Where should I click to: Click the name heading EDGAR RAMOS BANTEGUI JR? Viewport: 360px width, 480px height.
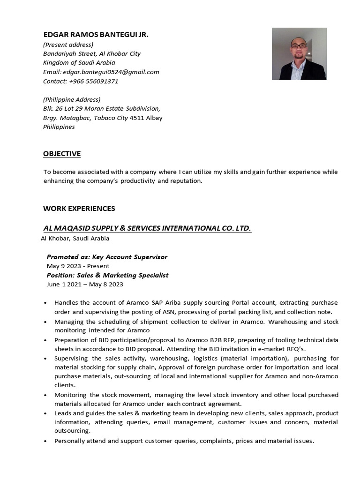pos(96,35)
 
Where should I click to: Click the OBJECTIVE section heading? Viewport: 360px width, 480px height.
pos(62,154)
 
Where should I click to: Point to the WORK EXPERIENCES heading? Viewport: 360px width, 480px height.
pos(79,208)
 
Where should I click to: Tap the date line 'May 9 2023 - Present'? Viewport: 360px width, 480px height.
pos(78,266)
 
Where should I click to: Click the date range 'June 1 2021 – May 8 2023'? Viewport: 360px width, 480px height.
pos(85,284)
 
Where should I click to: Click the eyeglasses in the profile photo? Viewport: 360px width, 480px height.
pos(299,46)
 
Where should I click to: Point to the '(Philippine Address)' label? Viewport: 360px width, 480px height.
pos(72,99)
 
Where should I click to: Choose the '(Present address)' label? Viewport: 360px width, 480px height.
pos(68,45)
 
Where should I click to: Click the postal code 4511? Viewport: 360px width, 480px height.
pos(137,118)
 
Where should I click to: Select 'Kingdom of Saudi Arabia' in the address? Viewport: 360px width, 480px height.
pos(79,62)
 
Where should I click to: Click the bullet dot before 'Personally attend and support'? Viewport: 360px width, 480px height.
pos(45,441)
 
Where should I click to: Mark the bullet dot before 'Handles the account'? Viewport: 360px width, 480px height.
pos(45,303)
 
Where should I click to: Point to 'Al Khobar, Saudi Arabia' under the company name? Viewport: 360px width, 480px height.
pos(75,238)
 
